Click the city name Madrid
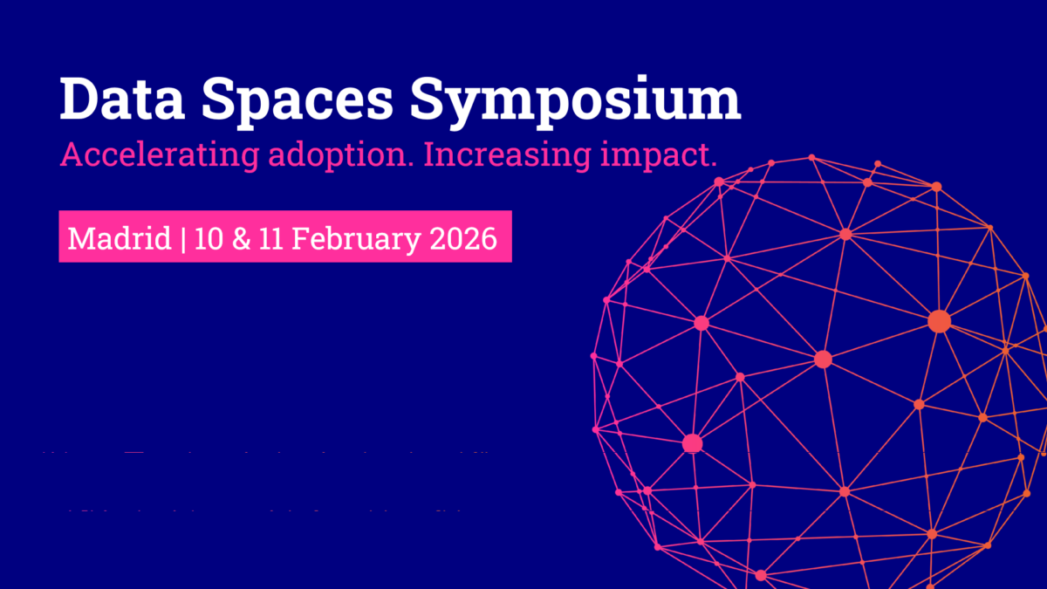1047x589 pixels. [x=120, y=237]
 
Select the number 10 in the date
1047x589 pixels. [x=209, y=237]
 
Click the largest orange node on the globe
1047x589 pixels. [x=939, y=321]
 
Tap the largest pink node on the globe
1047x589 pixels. [x=692, y=443]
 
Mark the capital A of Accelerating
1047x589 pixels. [x=71, y=155]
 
